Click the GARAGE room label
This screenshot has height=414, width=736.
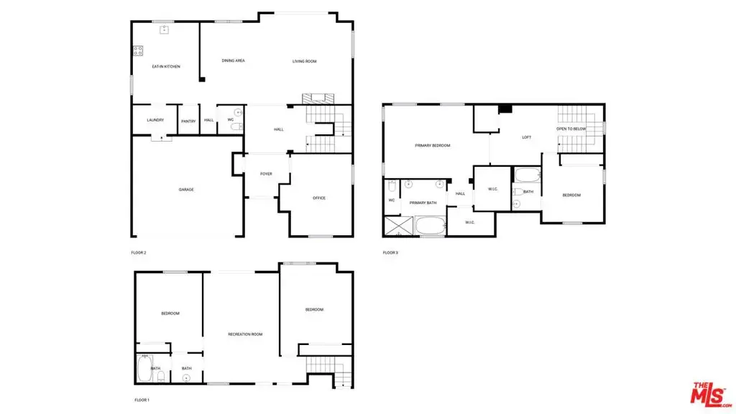[x=186, y=190]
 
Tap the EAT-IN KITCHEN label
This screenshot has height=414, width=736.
[x=166, y=67]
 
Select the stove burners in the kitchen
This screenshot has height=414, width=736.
[x=138, y=51]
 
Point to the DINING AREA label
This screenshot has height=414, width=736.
[x=234, y=60]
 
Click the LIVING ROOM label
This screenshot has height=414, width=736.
[x=304, y=61]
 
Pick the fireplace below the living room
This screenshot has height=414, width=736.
[x=318, y=98]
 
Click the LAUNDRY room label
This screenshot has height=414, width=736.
[x=155, y=120]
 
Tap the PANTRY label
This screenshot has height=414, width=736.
[x=188, y=121]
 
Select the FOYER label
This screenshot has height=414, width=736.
[x=266, y=174]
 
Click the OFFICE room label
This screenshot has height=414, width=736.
[x=319, y=198]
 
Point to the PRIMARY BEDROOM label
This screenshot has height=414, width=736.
[x=432, y=145]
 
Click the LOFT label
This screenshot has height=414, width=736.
[x=527, y=137]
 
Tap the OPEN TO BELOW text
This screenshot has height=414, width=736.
[x=571, y=129]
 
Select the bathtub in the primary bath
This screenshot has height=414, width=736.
[x=431, y=226]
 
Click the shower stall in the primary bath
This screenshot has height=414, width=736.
[x=398, y=226]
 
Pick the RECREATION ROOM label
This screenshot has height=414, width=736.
[x=245, y=334]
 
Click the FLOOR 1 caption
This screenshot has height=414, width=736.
[x=142, y=400]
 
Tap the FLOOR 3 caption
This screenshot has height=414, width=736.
[x=390, y=252]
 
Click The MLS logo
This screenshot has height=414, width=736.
[x=709, y=395]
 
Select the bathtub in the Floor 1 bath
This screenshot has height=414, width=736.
[x=144, y=369]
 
